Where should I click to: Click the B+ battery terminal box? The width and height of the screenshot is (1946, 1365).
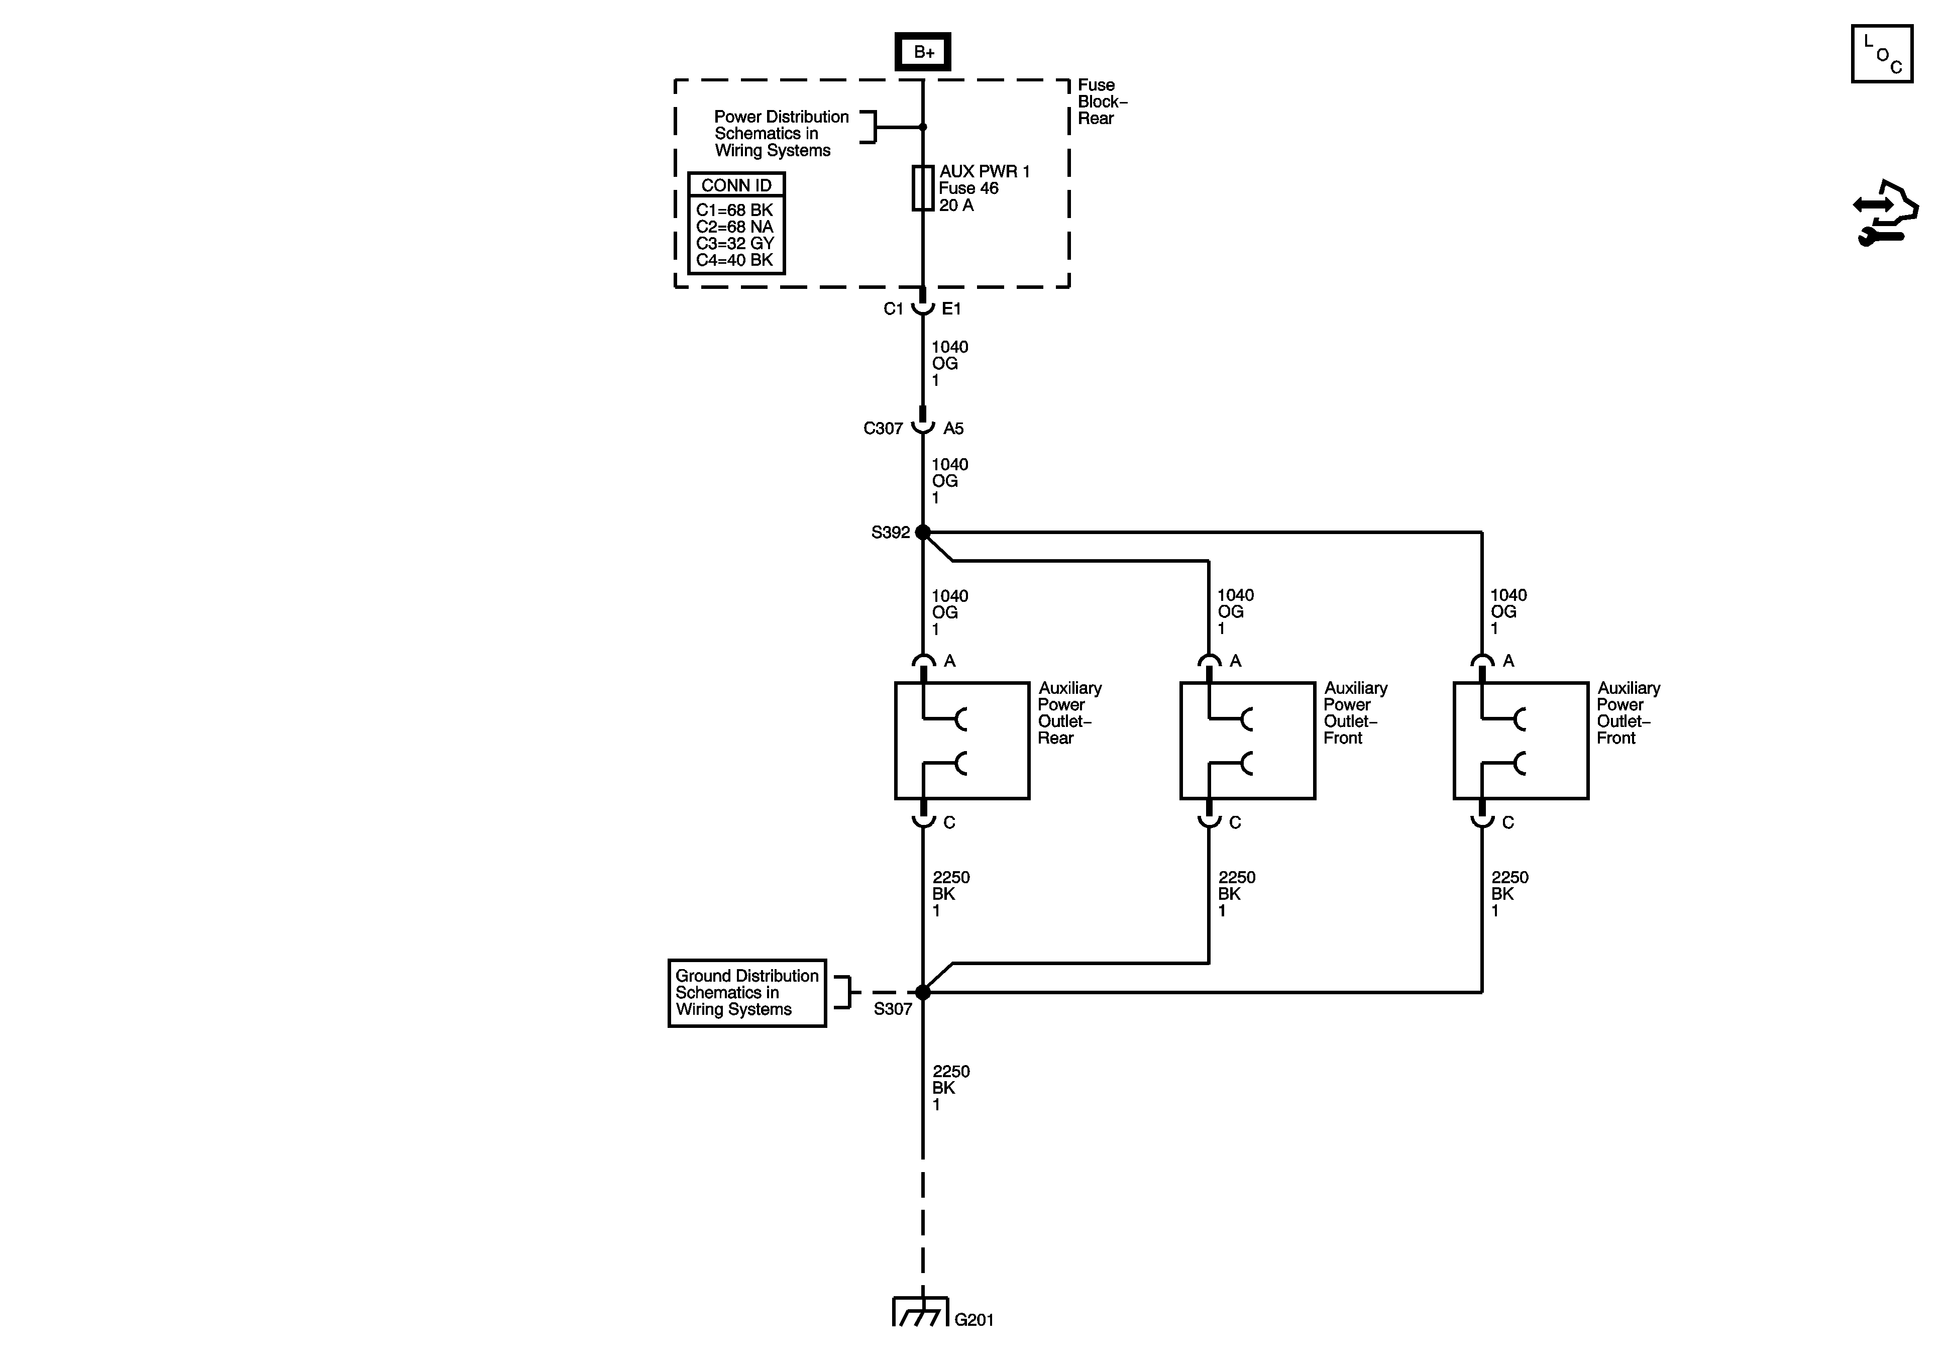click(923, 52)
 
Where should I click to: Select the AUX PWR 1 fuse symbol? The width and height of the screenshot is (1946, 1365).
click(922, 187)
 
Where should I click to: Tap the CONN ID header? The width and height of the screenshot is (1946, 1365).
click(736, 185)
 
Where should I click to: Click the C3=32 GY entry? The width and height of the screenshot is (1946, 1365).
click(735, 243)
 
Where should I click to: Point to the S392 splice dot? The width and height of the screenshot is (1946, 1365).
click(923, 533)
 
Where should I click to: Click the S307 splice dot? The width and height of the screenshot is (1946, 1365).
click(923, 992)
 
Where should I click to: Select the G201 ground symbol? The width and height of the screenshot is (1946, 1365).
click(920, 1312)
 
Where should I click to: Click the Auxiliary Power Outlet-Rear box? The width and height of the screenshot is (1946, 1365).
click(962, 740)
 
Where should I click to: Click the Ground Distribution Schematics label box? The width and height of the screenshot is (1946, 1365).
click(746, 993)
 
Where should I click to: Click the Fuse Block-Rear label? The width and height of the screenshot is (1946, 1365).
click(1102, 102)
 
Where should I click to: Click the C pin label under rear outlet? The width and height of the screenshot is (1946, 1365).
click(949, 822)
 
